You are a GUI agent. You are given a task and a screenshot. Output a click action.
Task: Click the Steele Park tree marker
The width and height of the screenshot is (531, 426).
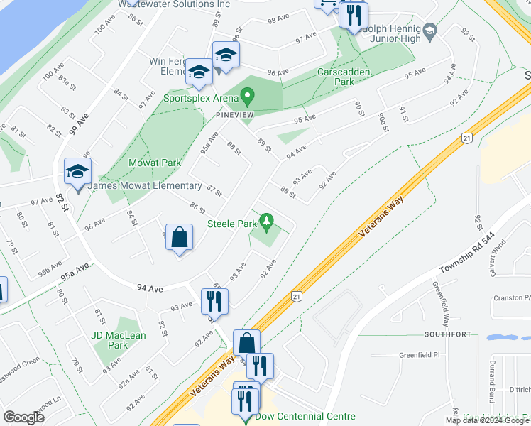pos(267,223)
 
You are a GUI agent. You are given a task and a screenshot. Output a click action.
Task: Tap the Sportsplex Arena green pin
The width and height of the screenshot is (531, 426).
pos(247,95)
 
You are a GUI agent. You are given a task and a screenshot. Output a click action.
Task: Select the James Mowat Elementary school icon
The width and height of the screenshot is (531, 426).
pos(77,172)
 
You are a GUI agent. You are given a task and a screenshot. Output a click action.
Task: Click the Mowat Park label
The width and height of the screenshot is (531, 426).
pos(155,163)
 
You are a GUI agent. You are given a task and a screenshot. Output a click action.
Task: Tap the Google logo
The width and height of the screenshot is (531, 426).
pos(23,417)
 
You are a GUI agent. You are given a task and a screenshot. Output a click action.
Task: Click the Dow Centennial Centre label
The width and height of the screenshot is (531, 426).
pos(305,417)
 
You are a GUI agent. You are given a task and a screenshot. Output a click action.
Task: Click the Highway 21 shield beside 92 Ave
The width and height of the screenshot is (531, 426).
pos(297,296)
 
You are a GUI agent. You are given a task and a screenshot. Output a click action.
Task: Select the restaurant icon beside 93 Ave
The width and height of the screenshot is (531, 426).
pos(214,302)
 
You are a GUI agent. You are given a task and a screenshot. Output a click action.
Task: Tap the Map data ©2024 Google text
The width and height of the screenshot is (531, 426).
pos(487,420)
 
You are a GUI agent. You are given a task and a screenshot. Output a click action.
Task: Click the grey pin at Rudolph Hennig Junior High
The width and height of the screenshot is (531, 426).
pos(430,31)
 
